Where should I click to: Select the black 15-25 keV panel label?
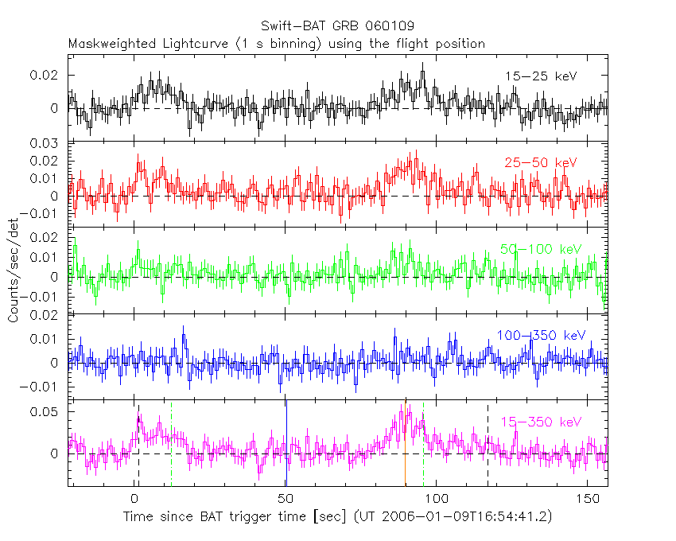point(540,76)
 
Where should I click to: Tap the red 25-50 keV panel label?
point(540,162)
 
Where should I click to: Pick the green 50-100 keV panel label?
point(542,249)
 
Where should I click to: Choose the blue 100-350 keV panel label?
point(540,335)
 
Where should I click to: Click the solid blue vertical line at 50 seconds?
point(286,446)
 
